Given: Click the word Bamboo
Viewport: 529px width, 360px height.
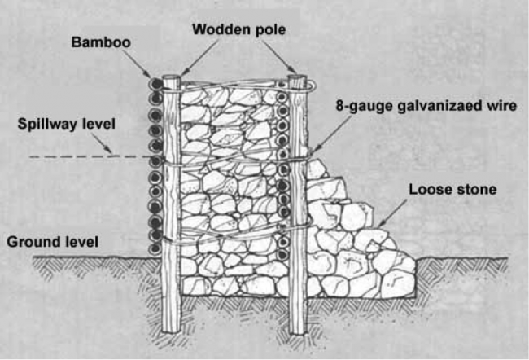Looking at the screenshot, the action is [x=101, y=42].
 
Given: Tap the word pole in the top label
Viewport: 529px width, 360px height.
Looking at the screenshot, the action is [x=270, y=30].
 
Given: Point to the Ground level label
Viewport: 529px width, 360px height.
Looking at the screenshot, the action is [x=53, y=242].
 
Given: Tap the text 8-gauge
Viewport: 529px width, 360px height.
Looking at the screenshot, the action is [x=365, y=107].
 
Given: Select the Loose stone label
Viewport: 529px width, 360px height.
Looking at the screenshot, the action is [x=452, y=190].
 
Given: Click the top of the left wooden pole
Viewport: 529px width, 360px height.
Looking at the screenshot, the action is [x=172, y=77].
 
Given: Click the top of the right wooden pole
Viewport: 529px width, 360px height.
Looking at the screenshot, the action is [x=297, y=77].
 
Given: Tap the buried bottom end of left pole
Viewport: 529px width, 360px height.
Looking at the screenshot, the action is [x=172, y=331].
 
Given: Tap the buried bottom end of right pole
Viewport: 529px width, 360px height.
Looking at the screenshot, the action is [x=298, y=331].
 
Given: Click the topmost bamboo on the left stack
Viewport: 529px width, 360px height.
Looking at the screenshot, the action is [x=156, y=84].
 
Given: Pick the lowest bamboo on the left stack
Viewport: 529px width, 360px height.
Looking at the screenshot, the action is [x=155, y=249].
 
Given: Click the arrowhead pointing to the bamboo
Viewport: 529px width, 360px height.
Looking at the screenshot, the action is [x=148, y=74].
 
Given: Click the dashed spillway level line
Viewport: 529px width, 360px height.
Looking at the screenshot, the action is [x=90, y=156].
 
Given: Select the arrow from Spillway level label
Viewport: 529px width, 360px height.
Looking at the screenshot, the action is [x=102, y=143].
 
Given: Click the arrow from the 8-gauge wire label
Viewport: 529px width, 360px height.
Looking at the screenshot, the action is [x=330, y=136].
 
